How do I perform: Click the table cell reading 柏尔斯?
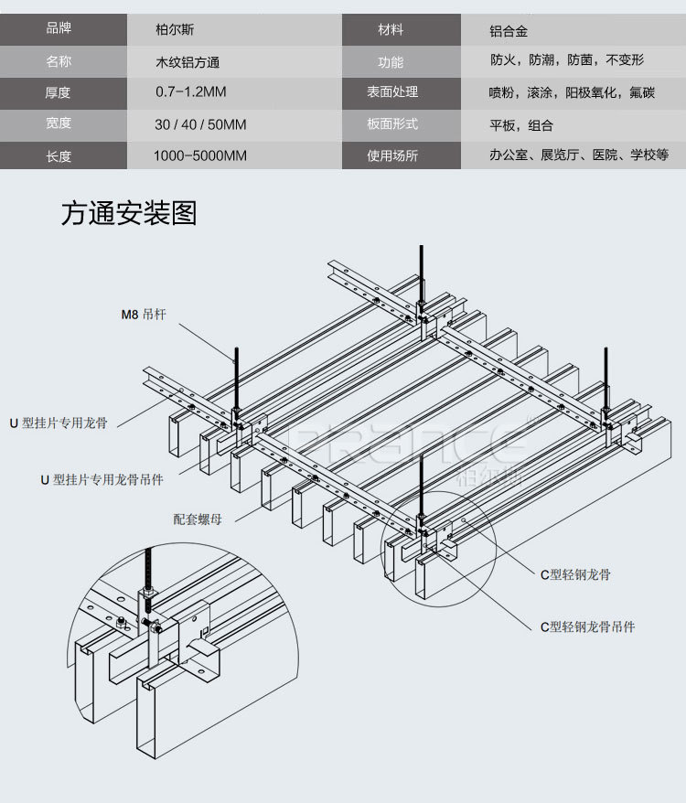tap(174, 30)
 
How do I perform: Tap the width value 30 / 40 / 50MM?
tap(200, 124)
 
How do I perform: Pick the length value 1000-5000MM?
tap(200, 155)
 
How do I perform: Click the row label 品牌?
tap(59, 29)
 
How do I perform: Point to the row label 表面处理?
tap(391, 92)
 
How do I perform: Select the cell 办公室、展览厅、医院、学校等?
tap(579, 155)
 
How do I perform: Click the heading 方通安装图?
tap(128, 213)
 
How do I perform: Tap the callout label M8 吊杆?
tap(143, 316)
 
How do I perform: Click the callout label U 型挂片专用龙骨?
tap(64, 424)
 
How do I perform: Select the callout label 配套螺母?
tap(198, 519)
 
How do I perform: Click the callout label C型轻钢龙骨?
tap(575, 574)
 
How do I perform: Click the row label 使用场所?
tap(391, 155)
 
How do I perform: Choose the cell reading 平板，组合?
tap(521, 124)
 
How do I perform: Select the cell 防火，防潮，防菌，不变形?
tap(566, 61)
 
